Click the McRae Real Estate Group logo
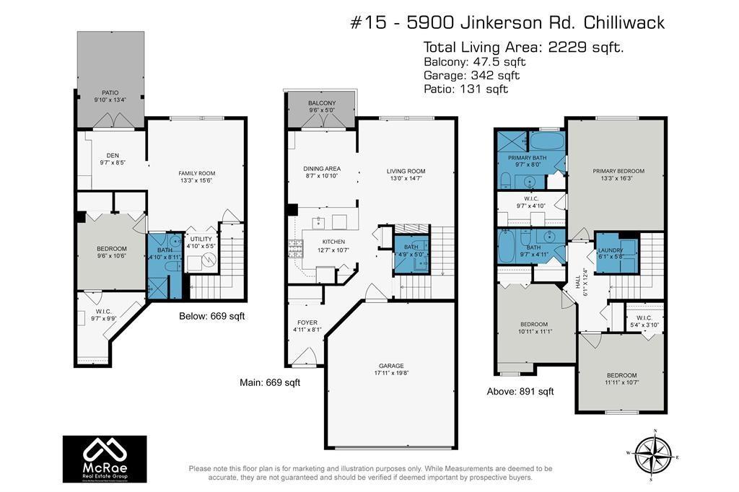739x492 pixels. [105, 458]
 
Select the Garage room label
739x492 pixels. [391, 366]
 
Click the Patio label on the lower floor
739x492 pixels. [110, 93]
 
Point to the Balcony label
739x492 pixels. [322, 103]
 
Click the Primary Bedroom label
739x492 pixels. [618, 171]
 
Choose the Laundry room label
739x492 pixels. [611, 250]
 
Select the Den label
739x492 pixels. [112, 154]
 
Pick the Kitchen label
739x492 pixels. [333, 242]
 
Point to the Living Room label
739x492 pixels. [411, 171]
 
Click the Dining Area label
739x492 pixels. [322, 169]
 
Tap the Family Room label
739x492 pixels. [197, 173]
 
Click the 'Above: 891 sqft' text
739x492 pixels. [520, 392]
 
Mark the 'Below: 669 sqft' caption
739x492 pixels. [206, 316]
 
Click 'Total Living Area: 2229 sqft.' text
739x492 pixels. [523, 47]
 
